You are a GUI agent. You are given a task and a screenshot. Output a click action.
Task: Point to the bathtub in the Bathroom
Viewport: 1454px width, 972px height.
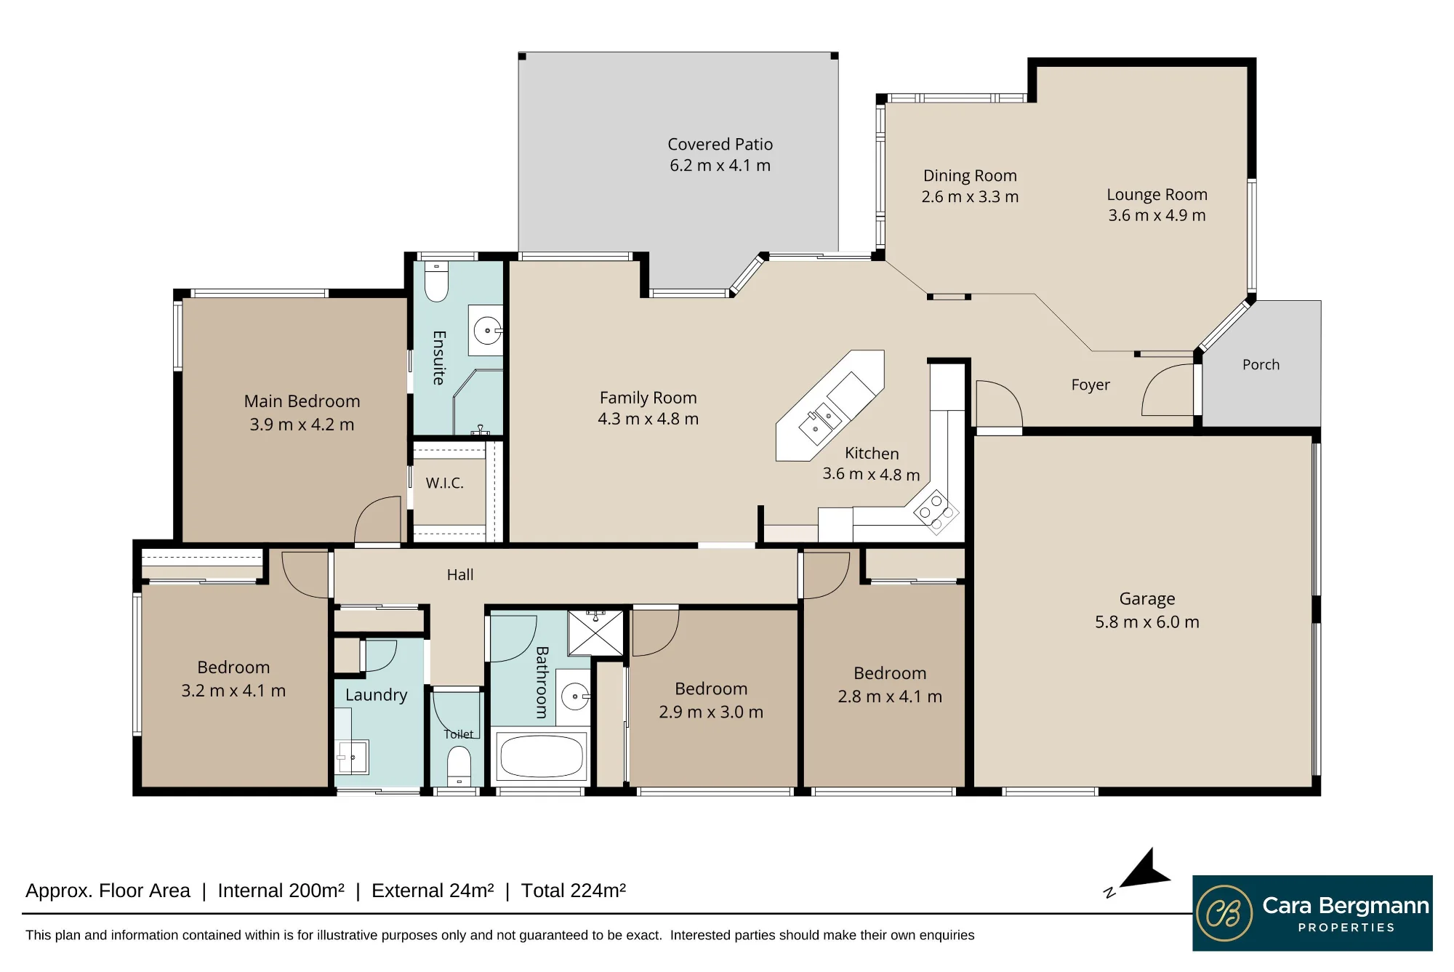[x=542, y=756]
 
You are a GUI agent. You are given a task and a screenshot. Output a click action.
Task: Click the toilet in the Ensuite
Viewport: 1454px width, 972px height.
[x=436, y=281]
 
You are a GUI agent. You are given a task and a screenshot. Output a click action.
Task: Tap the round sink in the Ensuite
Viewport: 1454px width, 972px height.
[x=486, y=331]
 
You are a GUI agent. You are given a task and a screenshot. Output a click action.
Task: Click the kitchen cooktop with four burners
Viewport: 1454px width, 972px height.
[x=936, y=512]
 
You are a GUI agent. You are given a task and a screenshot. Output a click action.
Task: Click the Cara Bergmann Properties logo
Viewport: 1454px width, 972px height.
[x=1312, y=913]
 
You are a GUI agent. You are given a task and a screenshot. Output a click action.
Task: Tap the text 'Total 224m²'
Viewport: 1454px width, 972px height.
[x=573, y=891]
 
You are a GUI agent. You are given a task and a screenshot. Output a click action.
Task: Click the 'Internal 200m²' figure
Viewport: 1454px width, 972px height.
[x=281, y=891]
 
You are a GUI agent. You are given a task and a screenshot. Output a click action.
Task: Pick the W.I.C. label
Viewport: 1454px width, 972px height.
[x=444, y=483]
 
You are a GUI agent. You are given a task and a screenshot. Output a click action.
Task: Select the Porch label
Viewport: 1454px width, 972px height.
[x=1261, y=365]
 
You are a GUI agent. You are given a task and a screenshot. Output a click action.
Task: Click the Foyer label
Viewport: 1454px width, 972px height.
[x=1090, y=385]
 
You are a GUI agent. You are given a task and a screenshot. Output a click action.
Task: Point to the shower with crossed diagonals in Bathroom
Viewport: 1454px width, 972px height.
[x=595, y=632]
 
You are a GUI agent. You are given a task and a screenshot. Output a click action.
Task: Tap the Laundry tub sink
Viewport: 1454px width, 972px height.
[x=353, y=757]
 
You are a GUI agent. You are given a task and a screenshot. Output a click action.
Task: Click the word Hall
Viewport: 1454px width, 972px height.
[x=460, y=575]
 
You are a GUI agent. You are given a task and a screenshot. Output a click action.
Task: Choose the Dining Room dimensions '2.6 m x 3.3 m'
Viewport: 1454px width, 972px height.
[x=970, y=197]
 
